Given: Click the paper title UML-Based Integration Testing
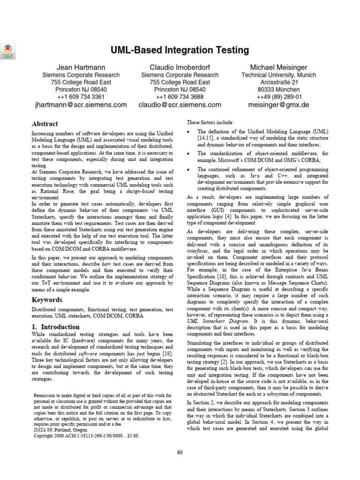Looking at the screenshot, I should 180,50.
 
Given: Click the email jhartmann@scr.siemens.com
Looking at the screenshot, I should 81,105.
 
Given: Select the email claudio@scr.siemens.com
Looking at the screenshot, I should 180,105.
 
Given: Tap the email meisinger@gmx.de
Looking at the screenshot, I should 278,105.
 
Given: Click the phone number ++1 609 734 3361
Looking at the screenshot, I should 81,97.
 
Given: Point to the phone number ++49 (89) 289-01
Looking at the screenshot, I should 278,97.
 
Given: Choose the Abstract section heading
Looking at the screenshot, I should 45,124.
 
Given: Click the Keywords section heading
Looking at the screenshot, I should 46,300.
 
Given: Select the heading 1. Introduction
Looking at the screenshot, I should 55,327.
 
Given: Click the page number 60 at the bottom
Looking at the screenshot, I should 180,452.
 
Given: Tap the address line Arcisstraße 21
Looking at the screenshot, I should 278,82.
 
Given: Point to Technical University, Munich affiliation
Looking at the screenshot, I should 278,75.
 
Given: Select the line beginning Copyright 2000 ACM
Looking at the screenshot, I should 86,435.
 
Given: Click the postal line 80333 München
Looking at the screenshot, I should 278,90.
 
